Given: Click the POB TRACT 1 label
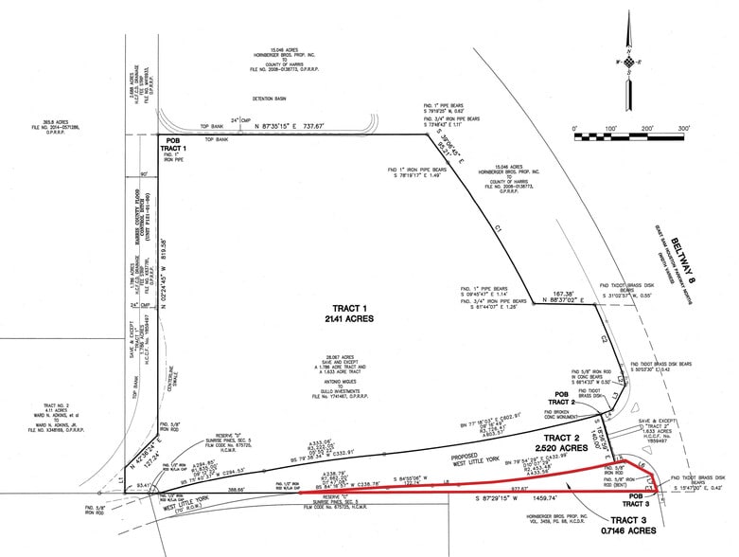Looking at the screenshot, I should (172, 146).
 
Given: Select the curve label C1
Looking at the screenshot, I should (498, 229).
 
